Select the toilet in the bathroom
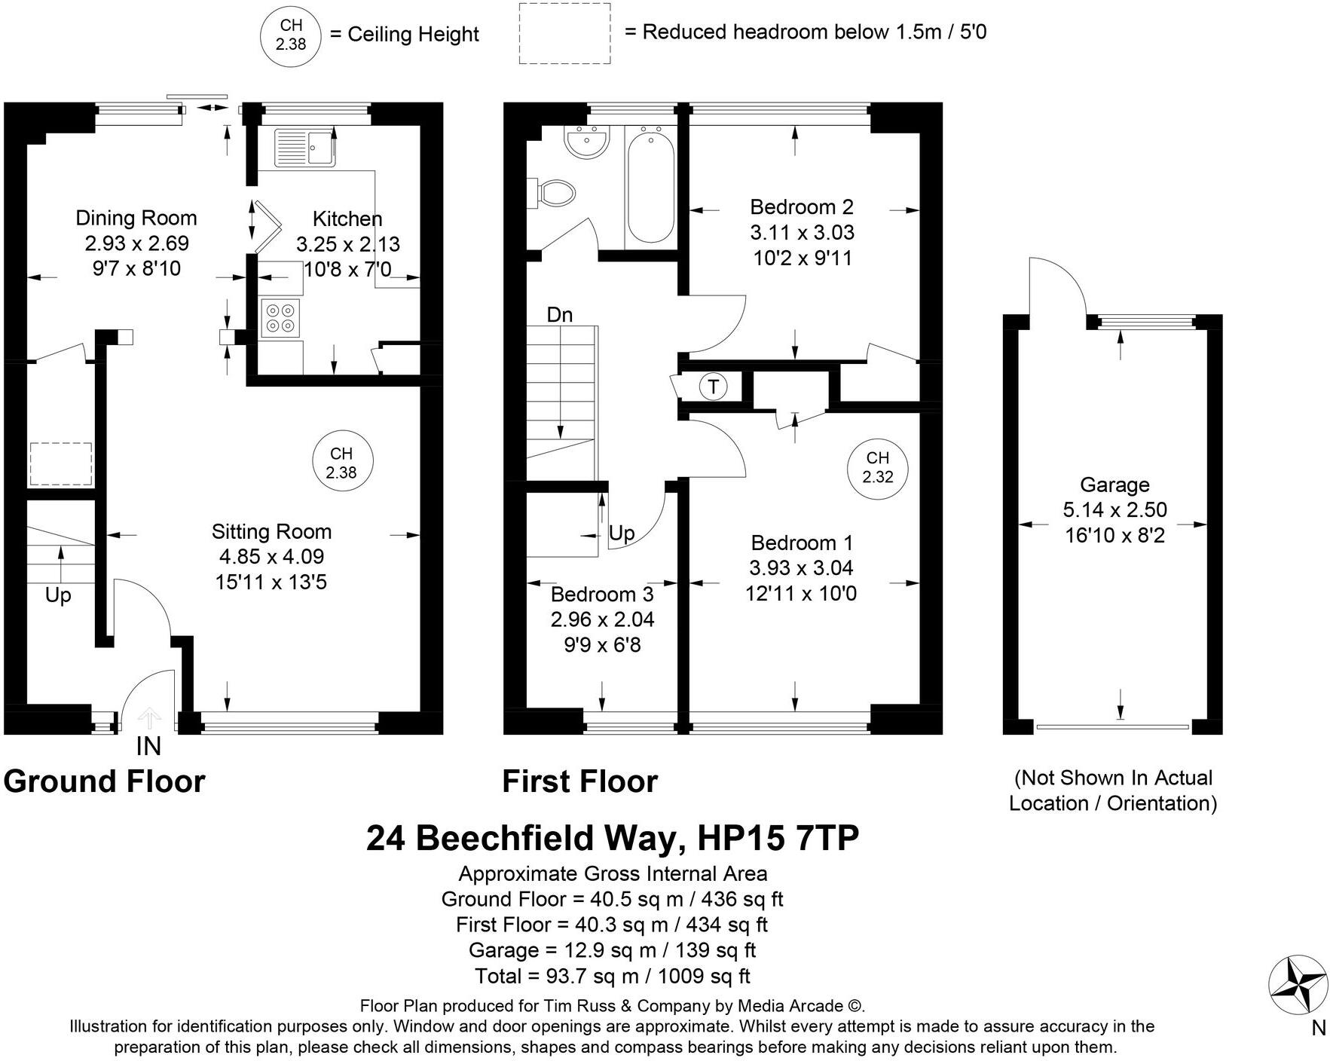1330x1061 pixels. click(x=555, y=192)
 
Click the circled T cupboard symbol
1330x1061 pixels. click(x=713, y=387)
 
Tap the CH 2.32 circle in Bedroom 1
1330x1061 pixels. click(x=877, y=468)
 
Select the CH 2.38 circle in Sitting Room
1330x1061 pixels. click(x=342, y=463)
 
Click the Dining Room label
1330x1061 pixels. click(x=136, y=219)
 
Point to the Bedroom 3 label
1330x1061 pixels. click(x=602, y=594)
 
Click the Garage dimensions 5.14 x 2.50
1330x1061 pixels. click(x=1114, y=510)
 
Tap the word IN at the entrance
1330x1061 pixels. click(x=148, y=746)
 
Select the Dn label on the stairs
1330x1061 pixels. click(x=559, y=314)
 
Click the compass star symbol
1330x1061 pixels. click(x=1298, y=985)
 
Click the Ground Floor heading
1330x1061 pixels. click(x=104, y=781)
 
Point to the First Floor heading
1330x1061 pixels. click(x=579, y=781)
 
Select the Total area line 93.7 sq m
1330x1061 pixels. click(x=612, y=977)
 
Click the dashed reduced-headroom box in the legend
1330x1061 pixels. click(x=564, y=34)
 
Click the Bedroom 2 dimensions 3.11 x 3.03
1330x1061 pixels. click(x=802, y=233)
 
